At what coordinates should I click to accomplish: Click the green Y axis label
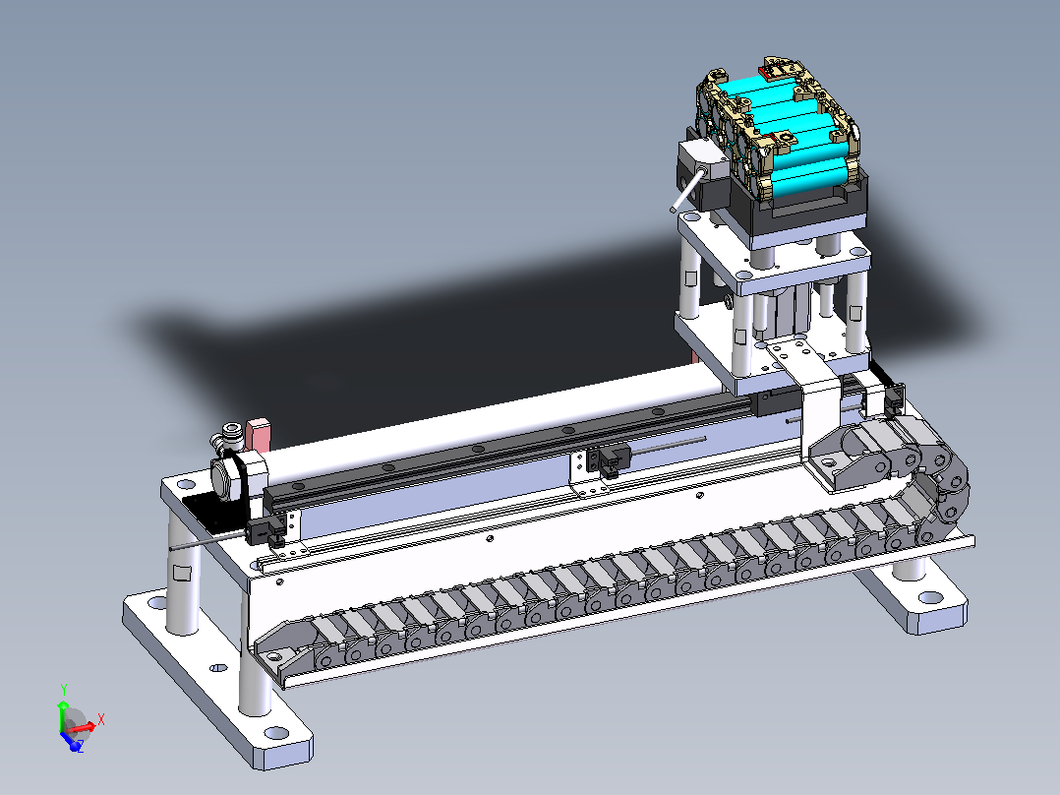(64, 690)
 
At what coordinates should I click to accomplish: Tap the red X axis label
(100, 719)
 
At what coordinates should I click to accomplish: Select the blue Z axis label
(80, 747)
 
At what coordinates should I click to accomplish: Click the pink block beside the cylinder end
(259, 434)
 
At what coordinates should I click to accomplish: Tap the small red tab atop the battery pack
(767, 71)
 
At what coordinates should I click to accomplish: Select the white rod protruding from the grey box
(688, 190)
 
